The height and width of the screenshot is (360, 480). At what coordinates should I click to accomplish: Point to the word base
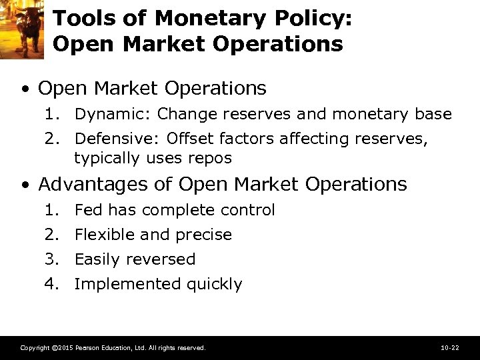434,114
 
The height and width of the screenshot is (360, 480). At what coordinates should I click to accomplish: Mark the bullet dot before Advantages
24,185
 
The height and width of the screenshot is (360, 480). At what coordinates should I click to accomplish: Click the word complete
173,211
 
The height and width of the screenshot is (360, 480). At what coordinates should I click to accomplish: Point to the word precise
203,235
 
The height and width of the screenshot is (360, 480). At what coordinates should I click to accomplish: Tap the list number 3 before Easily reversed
51,259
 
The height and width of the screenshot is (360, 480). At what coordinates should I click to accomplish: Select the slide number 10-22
449,348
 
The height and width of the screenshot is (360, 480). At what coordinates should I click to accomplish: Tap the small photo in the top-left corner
21,29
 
